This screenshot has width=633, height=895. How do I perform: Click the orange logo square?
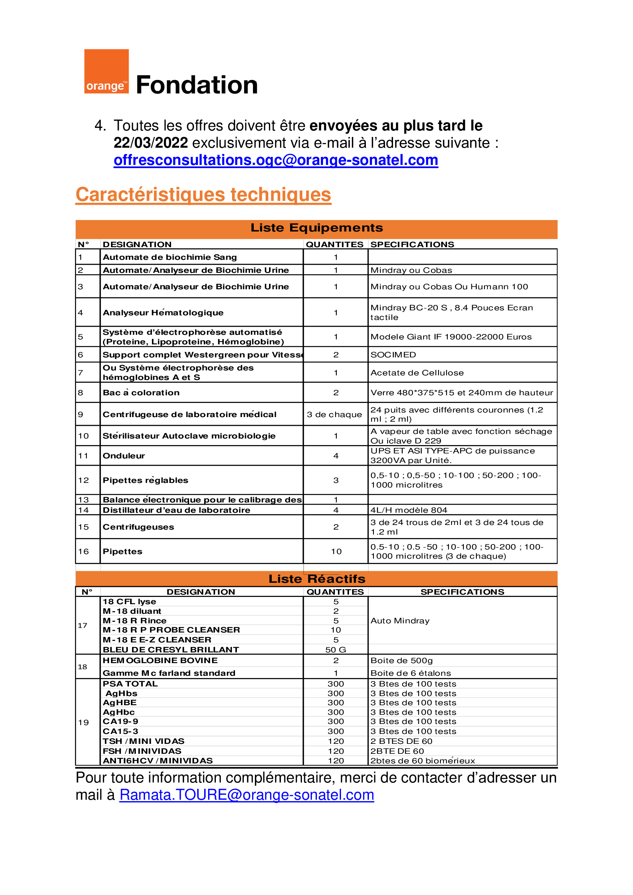click(x=106, y=71)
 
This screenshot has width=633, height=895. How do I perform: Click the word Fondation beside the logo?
click(x=197, y=85)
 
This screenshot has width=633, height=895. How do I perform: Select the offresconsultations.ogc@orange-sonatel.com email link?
click(x=276, y=160)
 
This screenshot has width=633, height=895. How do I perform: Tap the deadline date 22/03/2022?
click(x=150, y=143)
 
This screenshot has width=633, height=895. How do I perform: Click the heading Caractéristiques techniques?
click(x=203, y=194)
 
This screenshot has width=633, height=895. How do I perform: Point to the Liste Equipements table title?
click(x=316, y=228)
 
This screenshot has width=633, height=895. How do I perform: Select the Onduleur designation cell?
click(x=124, y=456)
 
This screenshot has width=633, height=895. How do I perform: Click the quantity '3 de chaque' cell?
click(x=334, y=414)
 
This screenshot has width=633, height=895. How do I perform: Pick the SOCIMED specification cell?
click(x=393, y=355)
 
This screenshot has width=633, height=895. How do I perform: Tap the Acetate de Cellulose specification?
click(x=417, y=373)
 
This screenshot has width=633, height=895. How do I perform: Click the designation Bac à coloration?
click(x=141, y=393)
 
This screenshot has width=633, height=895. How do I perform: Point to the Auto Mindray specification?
click(x=400, y=621)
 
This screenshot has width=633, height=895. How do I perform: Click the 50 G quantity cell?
click(x=336, y=650)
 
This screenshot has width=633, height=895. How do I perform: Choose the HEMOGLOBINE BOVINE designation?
click(x=160, y=660)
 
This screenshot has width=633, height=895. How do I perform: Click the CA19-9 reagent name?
click(x=121, y=722)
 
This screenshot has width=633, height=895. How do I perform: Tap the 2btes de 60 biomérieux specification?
click(x=423, y=761)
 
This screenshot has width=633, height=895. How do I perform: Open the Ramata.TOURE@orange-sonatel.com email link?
click(x=246, y=795)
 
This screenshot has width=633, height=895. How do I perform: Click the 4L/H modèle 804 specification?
click(x=408, y=510)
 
